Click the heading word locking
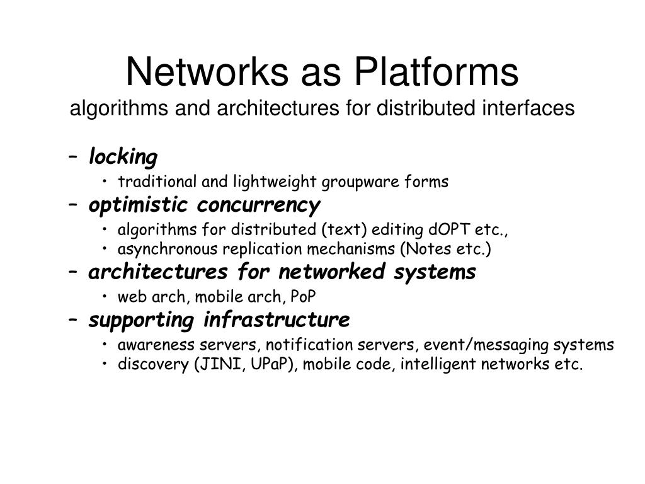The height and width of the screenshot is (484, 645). coord(123,156)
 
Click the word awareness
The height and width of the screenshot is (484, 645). coord(150,345)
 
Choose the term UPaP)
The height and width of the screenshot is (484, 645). coord(275,364)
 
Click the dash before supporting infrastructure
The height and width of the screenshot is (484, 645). coord(75,321)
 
